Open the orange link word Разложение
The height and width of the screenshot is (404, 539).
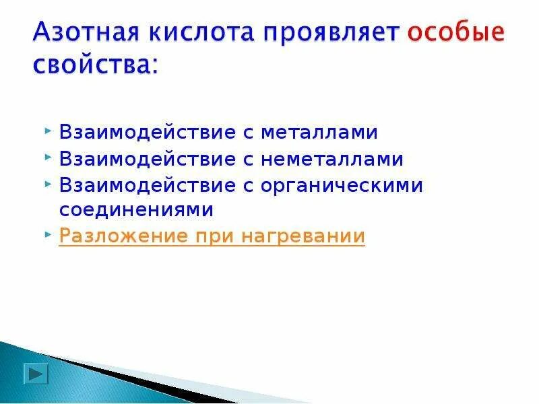point(123,236)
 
